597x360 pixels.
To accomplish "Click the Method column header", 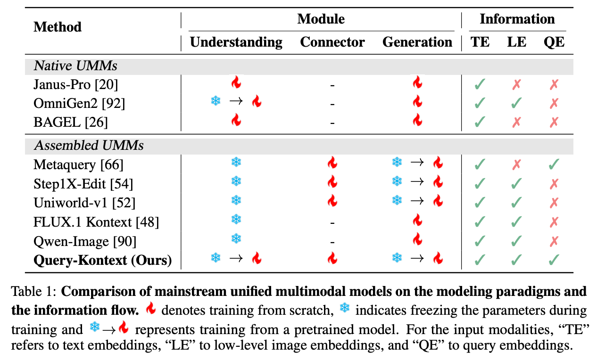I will click(x=58, y=27).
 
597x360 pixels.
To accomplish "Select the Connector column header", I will click(x=332, y=42).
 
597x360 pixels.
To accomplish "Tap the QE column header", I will click(x=554, y=42).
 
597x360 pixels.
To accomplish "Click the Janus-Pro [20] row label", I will click(x=76, y=84).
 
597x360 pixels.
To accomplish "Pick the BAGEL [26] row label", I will click(x=71, y=122).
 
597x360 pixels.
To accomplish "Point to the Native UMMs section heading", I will click(x=75, y=65).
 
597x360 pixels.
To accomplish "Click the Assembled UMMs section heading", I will click(x=89, y=146).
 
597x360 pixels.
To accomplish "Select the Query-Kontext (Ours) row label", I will click(x=103, y=260).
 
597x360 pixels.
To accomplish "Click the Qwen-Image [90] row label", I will click(x=85, y=241).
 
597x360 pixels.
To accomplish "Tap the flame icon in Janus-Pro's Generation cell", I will click(x=417, y=83).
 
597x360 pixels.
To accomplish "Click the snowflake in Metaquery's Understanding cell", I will click(x=236, y=163).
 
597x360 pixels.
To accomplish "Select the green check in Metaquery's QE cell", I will click(x=554, y=164).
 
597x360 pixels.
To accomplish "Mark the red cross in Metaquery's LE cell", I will click(x=517, y=164).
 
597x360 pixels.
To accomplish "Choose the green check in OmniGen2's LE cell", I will click(x=517, y=103).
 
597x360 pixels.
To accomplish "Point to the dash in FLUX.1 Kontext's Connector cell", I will click(x=332, y=222).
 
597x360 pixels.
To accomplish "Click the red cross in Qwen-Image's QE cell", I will click(x=554, y=241).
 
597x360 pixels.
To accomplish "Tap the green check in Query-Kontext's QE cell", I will click(x=554, y=260).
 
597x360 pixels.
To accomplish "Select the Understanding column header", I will click(x=236, y=42).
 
